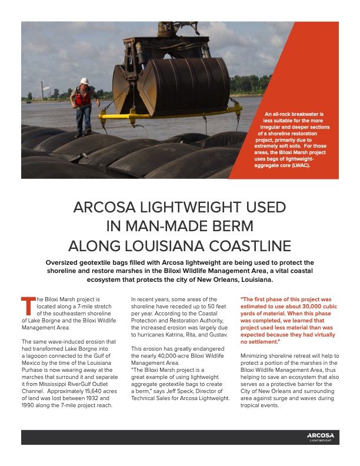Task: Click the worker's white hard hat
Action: click(x=84, y=81)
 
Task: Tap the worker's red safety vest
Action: click(x=84, y=97)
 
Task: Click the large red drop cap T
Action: click(x=26, y=306)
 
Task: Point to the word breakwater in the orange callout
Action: click(x=304, y=113)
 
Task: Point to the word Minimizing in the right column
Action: click(x=256, y=357)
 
